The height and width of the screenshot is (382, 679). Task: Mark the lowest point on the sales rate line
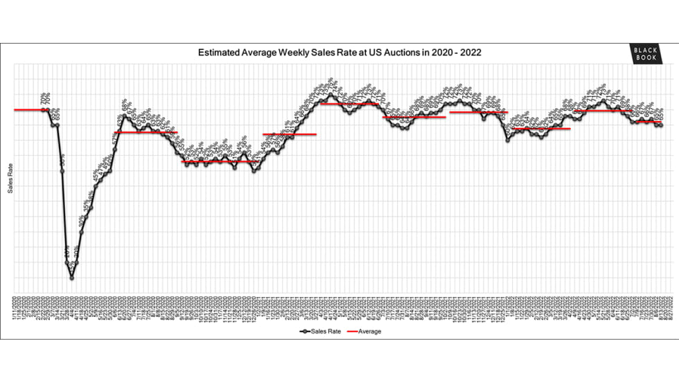pyautogui.click(x=72, y=278)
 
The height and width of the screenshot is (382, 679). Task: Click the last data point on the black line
pyautogui.click(x=661, y=125)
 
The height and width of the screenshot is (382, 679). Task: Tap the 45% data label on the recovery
pyautogui.click(x=96, y=176)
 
